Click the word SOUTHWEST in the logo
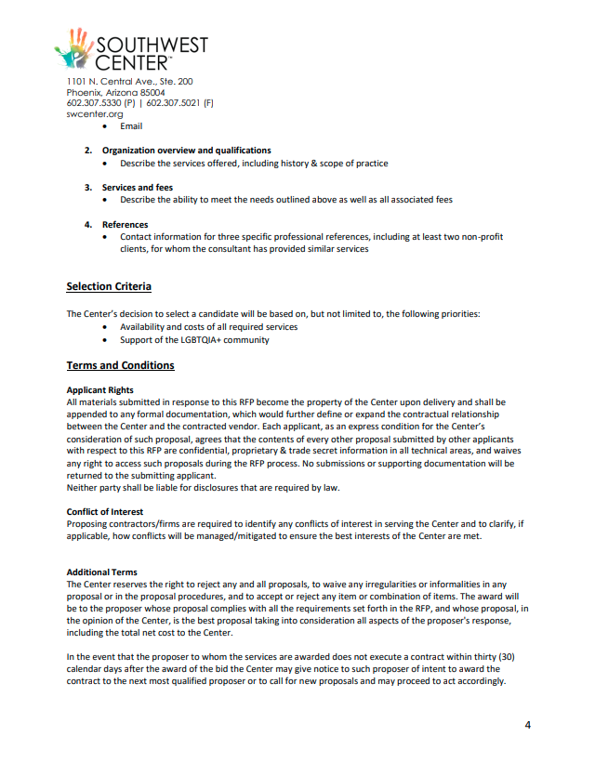[152, 46]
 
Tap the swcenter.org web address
[88, 114]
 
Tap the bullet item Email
[131, 126]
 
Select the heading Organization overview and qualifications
[186, 151]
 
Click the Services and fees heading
[138, 188]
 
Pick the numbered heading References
[125, 225]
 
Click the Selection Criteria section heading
[109, 286]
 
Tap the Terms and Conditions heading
[120, 365]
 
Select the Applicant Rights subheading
[99, 389]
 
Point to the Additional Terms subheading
[101, 572]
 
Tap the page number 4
[527, 726]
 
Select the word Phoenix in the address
[83, 93]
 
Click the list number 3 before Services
[87, 188]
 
